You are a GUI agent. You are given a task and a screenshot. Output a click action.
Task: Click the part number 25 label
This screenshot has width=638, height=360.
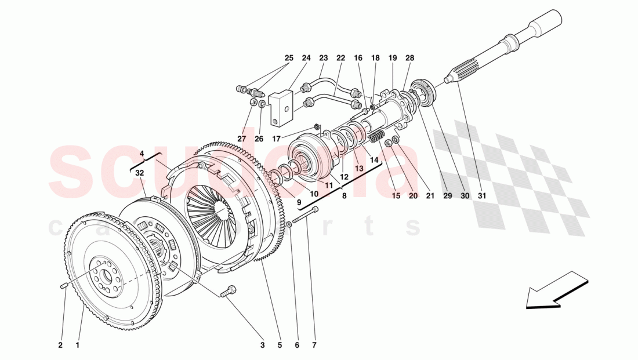point(289,58)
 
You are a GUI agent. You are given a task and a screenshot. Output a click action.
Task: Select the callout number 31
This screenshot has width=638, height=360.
point(481,196)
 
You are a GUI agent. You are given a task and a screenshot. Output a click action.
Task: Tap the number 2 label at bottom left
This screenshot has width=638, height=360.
point(60,346)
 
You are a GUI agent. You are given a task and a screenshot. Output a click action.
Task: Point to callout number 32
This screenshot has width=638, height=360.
point(140,173)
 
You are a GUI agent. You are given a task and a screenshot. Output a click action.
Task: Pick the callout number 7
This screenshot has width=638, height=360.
point(314,346)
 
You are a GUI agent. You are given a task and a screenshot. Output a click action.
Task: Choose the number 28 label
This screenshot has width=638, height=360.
point(410,58)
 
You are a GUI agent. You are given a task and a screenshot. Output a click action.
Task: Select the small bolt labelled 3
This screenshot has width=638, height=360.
point(229,292)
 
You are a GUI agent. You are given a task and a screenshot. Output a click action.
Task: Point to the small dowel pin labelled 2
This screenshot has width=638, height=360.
point(64,284)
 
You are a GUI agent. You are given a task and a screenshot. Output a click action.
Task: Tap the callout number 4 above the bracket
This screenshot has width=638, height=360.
point(142,154)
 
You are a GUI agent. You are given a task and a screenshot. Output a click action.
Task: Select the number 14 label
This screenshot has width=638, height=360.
point(374,159)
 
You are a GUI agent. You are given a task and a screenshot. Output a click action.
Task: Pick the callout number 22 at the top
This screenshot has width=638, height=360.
point(340,58)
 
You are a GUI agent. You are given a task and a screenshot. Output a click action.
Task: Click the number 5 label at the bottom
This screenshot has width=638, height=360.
point(280,346)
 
